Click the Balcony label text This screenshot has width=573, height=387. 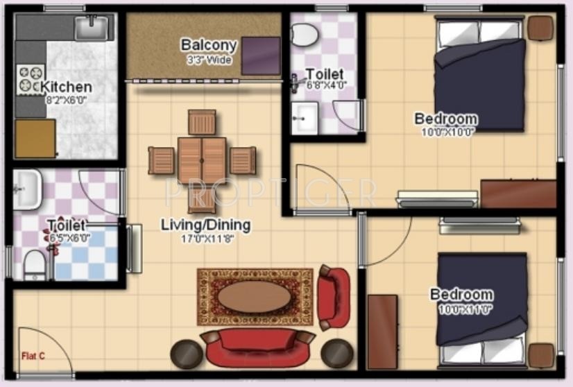209,46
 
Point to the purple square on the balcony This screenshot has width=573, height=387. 260,55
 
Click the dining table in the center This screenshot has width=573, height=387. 201,160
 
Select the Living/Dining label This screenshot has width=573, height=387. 205,225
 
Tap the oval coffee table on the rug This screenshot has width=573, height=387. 254,297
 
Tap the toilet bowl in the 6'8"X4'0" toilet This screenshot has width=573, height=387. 304,34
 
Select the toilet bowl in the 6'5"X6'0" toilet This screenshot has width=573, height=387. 35,264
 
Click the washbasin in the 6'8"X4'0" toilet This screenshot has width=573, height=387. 304,118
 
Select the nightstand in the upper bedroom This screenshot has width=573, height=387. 541,28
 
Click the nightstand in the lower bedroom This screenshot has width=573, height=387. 541,355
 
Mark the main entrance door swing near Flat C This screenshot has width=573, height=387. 43,350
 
